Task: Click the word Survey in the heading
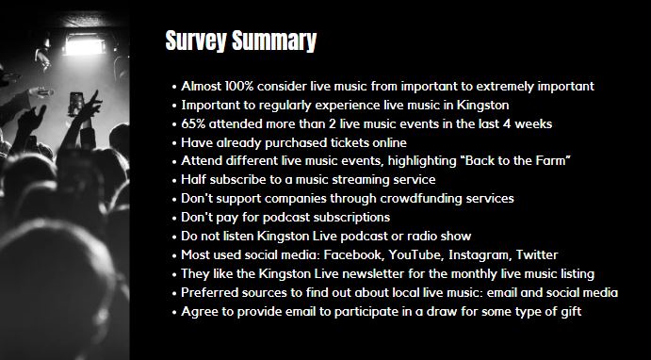coord(196,41)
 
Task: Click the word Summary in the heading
coord(274,41)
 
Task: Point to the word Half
coord(193,180)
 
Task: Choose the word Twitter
coord(537,254)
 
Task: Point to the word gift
coord(572,311)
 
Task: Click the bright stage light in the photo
coord(84,45)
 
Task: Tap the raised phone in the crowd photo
coord(76,104)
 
